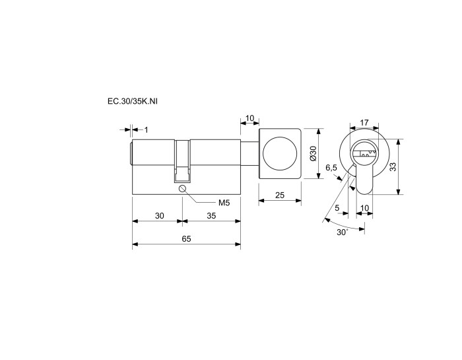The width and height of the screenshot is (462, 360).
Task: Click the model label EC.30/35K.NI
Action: pos(133,101)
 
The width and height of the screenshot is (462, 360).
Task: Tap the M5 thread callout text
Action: pos(224,203)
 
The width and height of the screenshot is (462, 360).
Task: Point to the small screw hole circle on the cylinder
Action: pos(182,188)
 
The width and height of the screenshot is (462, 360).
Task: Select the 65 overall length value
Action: pos(186,239)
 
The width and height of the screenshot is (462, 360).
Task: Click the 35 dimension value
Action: pos(211,216)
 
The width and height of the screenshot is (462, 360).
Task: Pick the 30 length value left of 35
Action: pos(160,216)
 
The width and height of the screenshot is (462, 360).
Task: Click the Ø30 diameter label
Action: pos(313,153)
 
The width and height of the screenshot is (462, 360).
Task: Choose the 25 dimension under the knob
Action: pos(280,195)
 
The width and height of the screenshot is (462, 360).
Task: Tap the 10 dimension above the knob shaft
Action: pos(249,118)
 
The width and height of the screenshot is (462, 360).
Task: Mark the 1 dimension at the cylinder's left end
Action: pos(146,129)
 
